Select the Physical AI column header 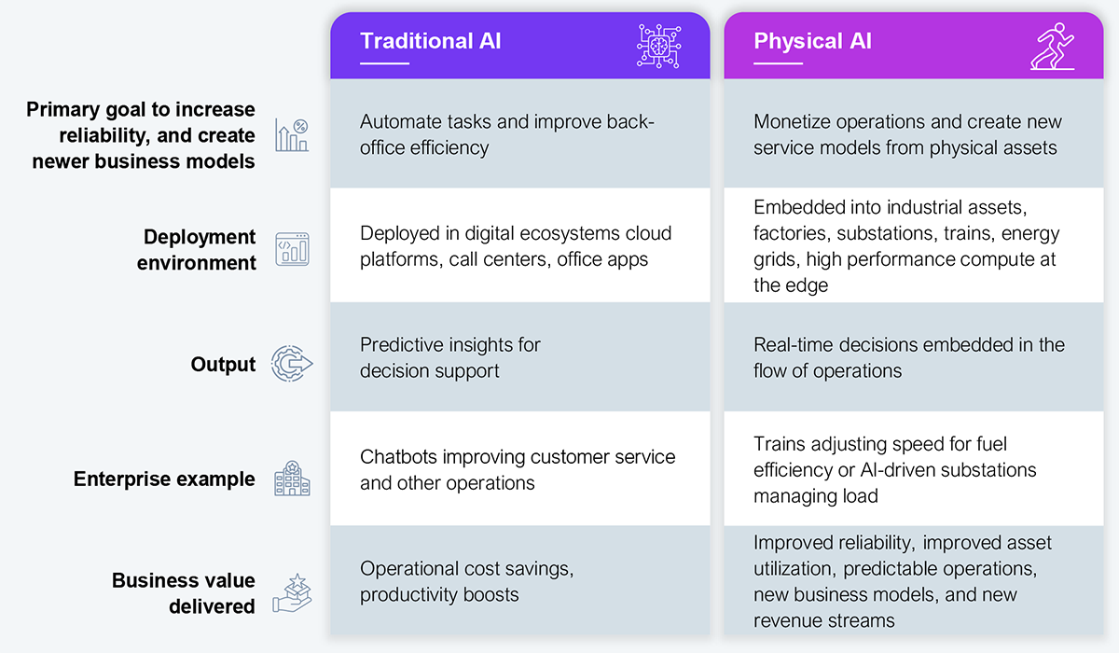[x=812, y=41]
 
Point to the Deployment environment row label [x=196, y=250]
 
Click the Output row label [x=223, y=364]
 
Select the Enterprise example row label [x=164, y=479]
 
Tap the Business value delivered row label [x=184, y=593]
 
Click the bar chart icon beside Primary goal [x=292, y=136]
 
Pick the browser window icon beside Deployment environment [x=292, y=250]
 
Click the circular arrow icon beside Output [x=291, y=364]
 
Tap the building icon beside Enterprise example [x=292, y=479]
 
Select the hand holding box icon [x=292, y=593]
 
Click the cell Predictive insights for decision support [x=450, y=357]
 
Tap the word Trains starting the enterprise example [x=780, y=444]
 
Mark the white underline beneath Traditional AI [x=384, y=63]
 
